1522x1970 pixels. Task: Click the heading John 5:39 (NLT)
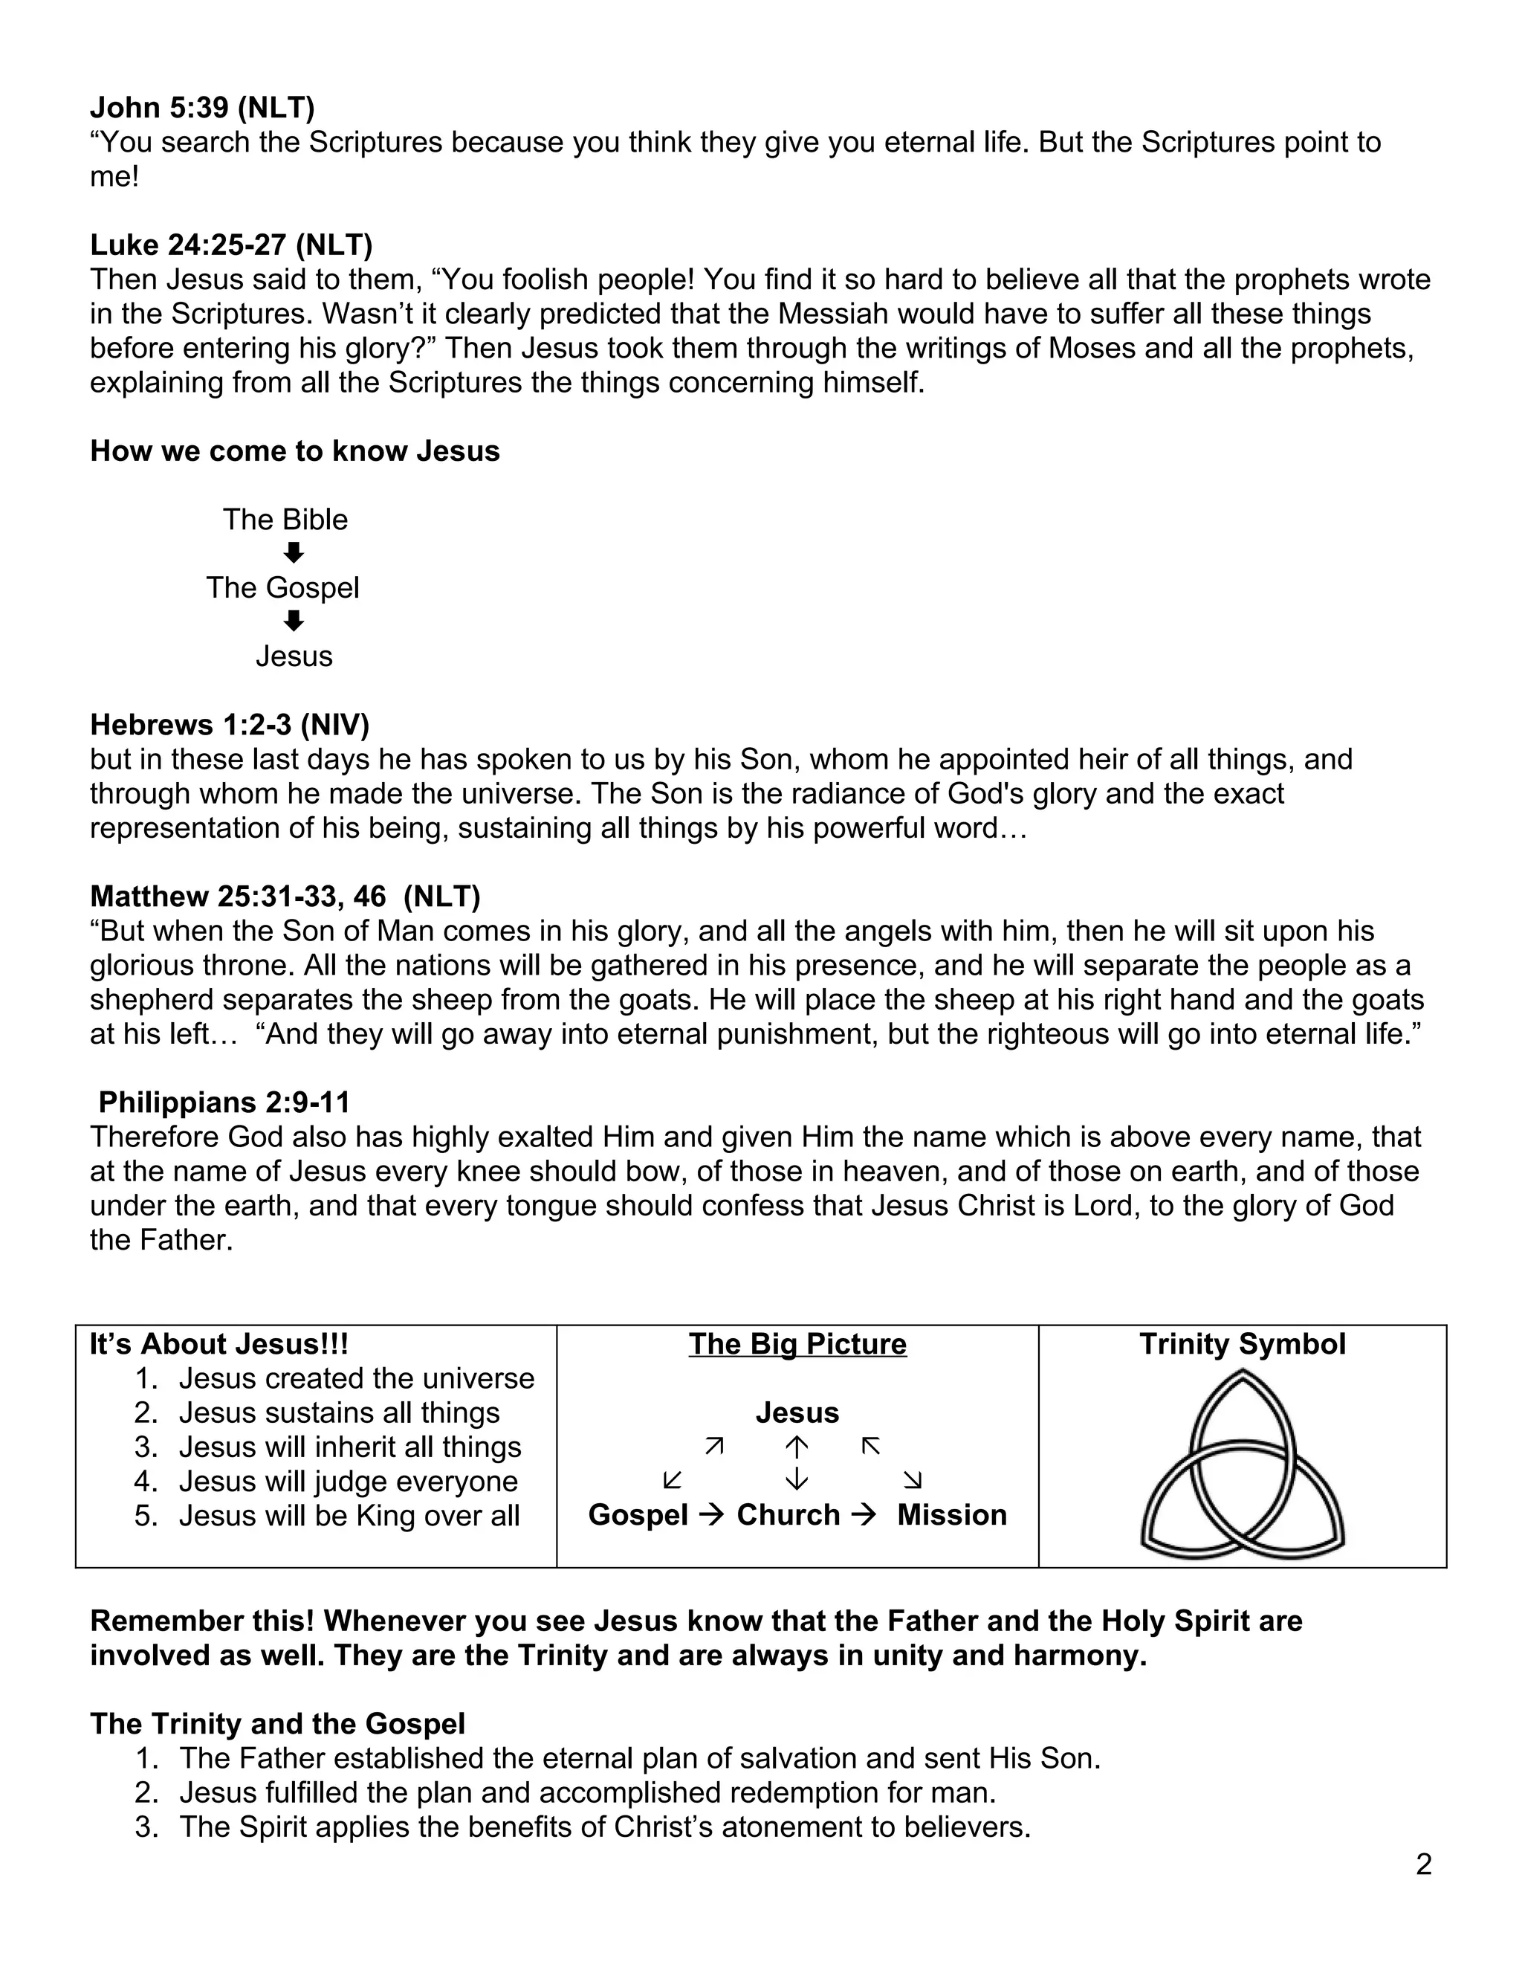coord(202,109)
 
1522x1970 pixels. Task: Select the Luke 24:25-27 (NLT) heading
coord(231,245)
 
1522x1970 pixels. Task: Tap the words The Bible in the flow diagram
coord(285,520)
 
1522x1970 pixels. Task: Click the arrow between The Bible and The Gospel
coord(293,553)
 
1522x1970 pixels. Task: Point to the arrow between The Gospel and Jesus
coord(293,621)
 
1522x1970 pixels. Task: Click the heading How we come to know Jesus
coord(295,451)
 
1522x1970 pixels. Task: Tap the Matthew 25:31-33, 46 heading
coord(285,896)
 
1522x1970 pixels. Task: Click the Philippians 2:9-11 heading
coord(224,1102)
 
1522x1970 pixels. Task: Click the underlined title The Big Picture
coord(797,1344)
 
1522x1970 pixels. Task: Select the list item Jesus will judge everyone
coord(348,1481)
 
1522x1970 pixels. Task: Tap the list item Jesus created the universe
coord(356,1378)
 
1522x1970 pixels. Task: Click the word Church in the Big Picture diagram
coord(788,1515)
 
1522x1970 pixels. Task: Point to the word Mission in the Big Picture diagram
coord(951,1515)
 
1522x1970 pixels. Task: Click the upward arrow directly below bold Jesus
coord(797,1447)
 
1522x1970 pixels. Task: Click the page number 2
coord(1423,1864)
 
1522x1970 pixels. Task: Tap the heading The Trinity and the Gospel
coord(278,1724)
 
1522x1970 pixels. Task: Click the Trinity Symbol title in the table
coord(1242,1344)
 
